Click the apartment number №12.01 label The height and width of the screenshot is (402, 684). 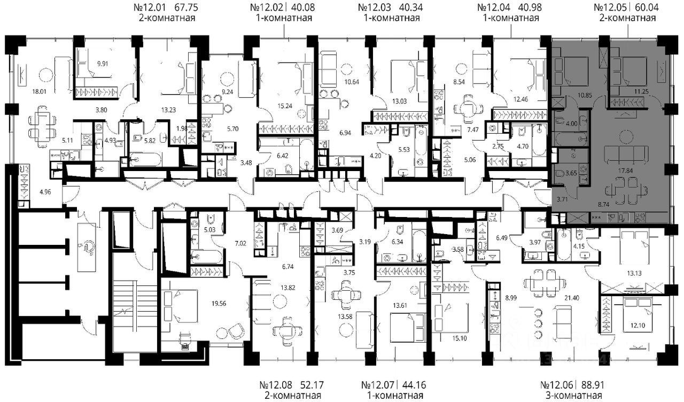(x=150, y=7)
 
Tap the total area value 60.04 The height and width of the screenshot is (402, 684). (x=647, y=7)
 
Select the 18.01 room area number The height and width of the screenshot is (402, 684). (x=40, y=91)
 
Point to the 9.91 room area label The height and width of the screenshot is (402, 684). (x=103, y=64)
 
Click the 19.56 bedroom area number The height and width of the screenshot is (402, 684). (x=219, y=303)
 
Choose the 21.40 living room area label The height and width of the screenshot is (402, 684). (x=572, y=298)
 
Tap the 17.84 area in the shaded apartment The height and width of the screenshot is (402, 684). (x=625, y=171)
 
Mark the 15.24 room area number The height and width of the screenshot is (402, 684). (x=285, y=106)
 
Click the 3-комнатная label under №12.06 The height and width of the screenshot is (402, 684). (x=574, y=396)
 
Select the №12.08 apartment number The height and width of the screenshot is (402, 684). (x=276, y=384)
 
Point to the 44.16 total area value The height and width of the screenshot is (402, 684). (x=414, y=384)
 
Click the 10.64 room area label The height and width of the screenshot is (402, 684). (x=352, y=82)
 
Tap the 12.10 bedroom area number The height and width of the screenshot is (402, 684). (x=638, y=326)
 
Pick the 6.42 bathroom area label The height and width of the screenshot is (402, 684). (x=283, y=156)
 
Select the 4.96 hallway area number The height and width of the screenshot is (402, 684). (x=45, y=192)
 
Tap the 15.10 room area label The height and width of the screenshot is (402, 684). (x=460, y=338)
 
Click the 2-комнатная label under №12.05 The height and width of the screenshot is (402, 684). (x=628, y=18)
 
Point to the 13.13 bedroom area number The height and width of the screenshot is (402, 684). (x=634, y=273)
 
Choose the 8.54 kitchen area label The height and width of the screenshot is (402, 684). (x=459, y=82)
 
